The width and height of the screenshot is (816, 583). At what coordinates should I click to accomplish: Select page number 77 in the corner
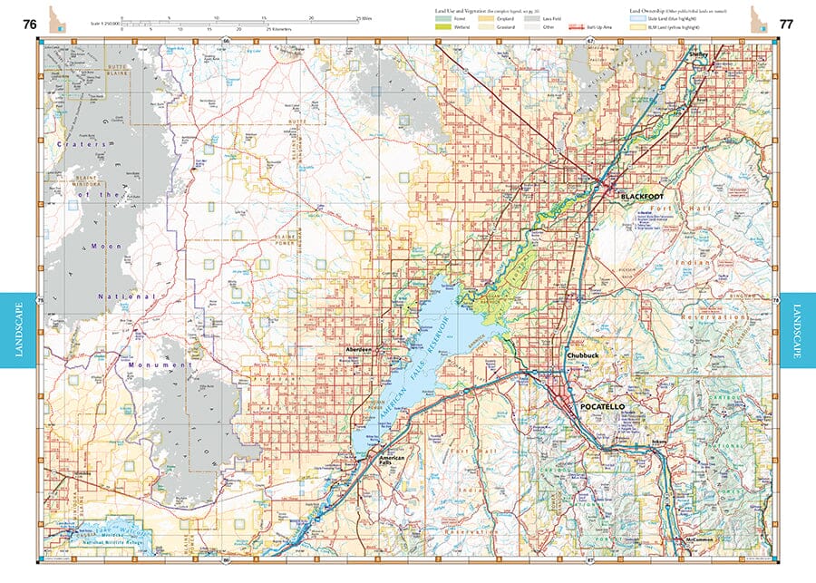(785, 24)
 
